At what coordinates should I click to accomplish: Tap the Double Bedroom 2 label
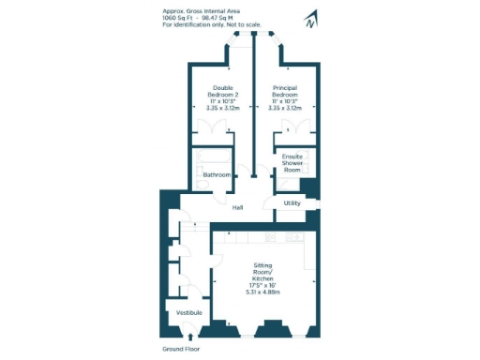pos(222,95)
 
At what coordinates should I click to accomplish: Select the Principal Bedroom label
pos(284,95)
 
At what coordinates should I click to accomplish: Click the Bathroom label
pos(217,175)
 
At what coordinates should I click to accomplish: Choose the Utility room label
pos(292,202)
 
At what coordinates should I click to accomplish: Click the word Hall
pos(238,208)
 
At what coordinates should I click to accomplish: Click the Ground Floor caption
pos(181,349)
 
